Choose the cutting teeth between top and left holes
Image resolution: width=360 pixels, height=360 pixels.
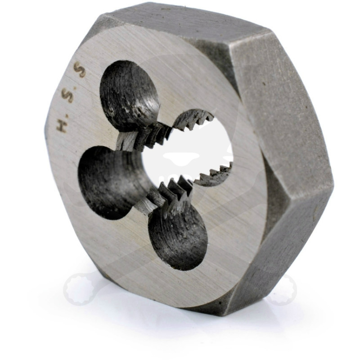[144, 135]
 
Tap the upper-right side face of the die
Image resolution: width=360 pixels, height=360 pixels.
[283, 103]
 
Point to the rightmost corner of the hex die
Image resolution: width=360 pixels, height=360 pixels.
[333, 184]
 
